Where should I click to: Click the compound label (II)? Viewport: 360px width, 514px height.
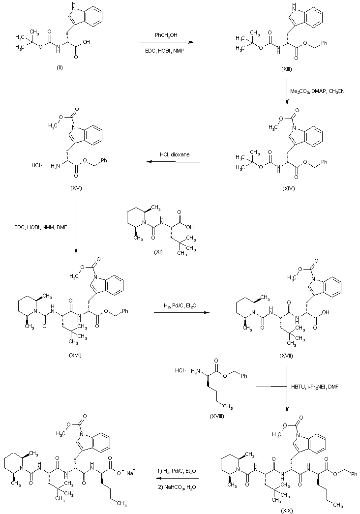click(x=60, y=67)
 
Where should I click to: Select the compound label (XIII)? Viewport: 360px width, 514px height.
click(x=286, y=69)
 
